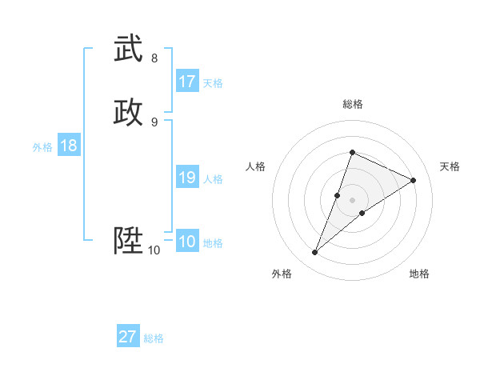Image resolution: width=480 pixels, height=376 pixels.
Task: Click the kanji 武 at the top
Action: (129, 50)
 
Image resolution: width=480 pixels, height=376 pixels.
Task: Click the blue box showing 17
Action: (187, 82)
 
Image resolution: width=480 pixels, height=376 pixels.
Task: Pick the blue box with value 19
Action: (187, 178)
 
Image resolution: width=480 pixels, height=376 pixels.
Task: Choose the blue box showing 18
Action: (69, 146)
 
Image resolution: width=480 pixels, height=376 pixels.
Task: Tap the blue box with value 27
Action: (128, 337)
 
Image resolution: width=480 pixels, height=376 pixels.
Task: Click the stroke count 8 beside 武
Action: (154, 58)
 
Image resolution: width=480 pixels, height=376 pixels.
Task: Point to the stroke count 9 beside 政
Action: (154, 122)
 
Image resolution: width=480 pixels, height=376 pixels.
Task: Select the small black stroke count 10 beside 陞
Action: (154, 250)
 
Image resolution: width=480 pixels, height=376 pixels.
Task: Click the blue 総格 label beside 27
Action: (154, 338)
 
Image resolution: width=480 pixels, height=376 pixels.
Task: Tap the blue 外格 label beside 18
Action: (42, 147)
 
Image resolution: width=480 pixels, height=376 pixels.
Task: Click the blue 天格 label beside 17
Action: (213, 83)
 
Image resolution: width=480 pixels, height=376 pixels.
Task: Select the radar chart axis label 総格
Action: (352, 104)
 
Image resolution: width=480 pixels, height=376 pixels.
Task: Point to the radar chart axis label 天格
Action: (450, 166)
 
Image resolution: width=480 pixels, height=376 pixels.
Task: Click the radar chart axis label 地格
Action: (419, 274)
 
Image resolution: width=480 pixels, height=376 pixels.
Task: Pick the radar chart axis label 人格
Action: (255, 166)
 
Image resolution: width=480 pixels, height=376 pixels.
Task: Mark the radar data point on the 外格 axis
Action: (315, 253)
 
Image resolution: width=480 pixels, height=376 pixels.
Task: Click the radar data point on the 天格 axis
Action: (414, 180)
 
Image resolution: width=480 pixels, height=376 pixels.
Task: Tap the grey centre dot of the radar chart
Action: (352, 200)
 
